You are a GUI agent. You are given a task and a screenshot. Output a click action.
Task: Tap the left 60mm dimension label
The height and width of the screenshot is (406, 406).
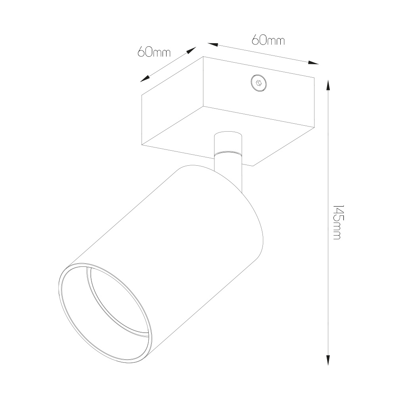(154, 52)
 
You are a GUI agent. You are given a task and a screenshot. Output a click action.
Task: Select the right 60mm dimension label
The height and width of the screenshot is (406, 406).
(268, 40)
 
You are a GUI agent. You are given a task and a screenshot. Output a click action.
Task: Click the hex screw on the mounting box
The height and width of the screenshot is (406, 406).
(259, 83)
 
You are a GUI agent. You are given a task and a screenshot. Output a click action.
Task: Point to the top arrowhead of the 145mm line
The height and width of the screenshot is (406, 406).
(328, 85)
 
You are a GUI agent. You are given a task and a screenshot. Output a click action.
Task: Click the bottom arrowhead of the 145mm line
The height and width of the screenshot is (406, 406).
(328, 360)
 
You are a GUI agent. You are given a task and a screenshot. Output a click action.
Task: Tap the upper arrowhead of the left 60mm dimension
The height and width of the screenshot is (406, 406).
(192, 50)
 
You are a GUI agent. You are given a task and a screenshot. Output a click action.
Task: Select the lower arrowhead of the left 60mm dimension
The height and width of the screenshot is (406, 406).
(145, 79)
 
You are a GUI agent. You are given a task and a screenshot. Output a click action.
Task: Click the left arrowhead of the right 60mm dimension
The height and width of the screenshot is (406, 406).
(213, 44)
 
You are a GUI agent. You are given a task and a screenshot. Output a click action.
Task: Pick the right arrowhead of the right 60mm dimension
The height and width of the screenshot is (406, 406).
(313, 63)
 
